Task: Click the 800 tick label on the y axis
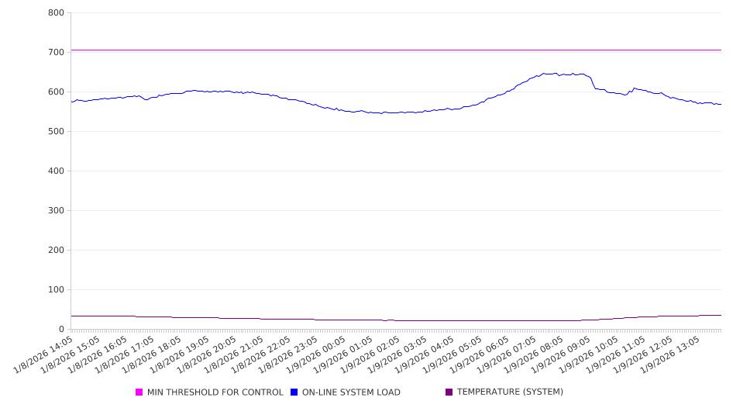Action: pyautogui.click(x=56, y=12)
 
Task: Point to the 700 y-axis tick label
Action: pyautogui.click(x=56, y=52)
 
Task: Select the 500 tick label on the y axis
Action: pyautogui.click(x=56, y=131)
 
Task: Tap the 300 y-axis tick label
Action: pyautogui.click(x=56, y=210)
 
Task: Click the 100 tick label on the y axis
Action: pyautogui.click(x=56, y=289)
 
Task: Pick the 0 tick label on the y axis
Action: pyautogui.click(x=61, y=329)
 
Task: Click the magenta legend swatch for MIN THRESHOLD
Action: pyautogui.click(x=139, y=392)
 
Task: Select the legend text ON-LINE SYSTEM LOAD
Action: pyautogui.click(x=350, y=392)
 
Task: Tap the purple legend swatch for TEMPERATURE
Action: pyautogui.click(x=449, y=392)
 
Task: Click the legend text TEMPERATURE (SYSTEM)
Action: pyautogui.click(x=510, y=392)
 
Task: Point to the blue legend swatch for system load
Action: pyautogui.click(x=294, y=392)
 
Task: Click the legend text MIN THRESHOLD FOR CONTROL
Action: pyautogui.click(x=215, y=392)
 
